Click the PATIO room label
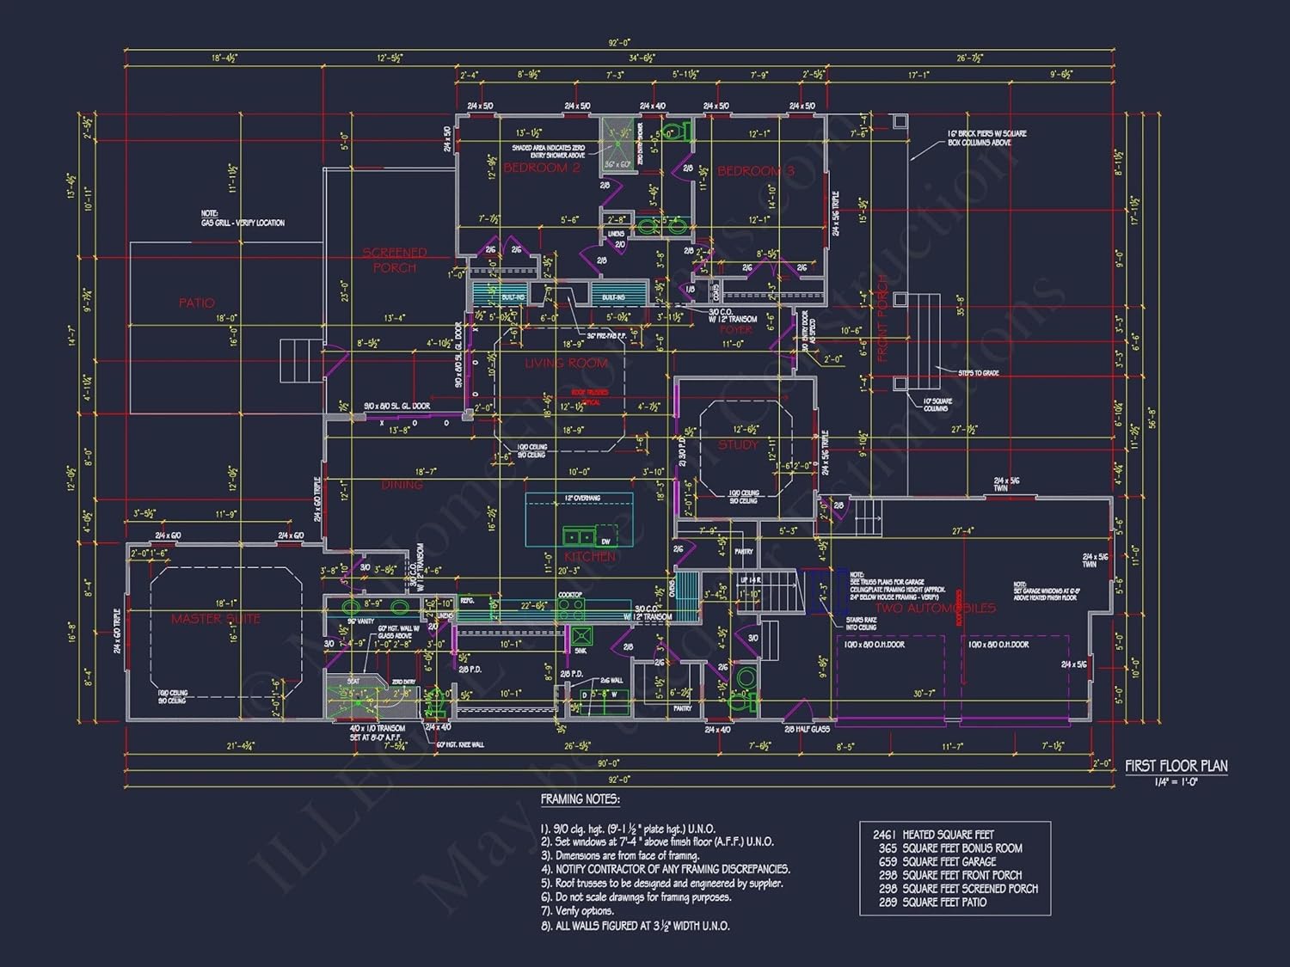[x=197, y=303]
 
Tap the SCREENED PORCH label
[x=395, y=260]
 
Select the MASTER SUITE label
[x=215, y=619]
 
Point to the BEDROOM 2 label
[x=542, y=168]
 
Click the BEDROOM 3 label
[x=756, y=171]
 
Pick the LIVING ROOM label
[x=567, y=364]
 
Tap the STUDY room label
[x=738, y=444]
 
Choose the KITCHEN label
[x=590, y=557]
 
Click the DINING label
[x=402, y=485]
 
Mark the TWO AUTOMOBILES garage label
[x=935, y=609]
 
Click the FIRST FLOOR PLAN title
[x=1176, y=766]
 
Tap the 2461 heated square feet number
[x=885, y=835]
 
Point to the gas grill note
[x=243, y=218]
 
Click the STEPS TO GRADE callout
[x=979, y=373]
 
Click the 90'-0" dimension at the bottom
[x=608, y=763]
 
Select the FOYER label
[x=735, y=329]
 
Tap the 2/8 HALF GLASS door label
[x=807, y=730]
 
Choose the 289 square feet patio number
[x=888, y=903]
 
